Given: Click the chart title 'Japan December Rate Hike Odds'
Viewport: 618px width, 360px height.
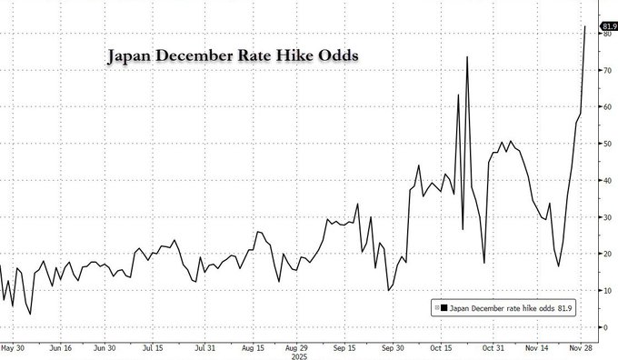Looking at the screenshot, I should pos(233,55).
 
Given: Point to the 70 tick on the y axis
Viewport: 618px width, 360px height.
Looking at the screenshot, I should pos(606,70).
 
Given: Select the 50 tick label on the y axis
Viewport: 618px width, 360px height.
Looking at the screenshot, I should pos(606,144).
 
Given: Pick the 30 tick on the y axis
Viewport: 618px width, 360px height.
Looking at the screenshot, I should pos(606,217).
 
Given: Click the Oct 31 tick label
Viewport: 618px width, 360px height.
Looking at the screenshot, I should pos(493,347).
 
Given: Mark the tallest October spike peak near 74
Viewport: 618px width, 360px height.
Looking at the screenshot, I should pos(467,57).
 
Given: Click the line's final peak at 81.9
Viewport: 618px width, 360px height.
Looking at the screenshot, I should pos(583,27).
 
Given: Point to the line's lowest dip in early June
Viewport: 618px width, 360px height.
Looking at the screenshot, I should pos(31,314).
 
